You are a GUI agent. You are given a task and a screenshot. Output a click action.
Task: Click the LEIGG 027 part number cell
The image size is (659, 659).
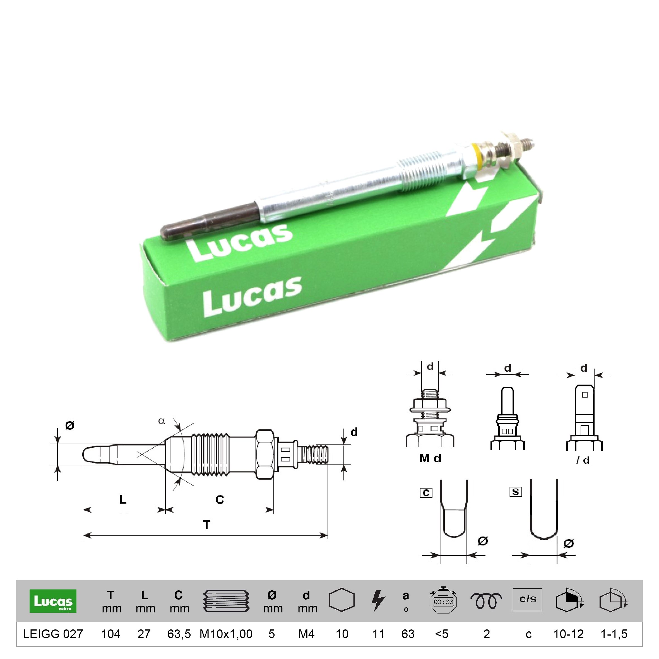[53, 634]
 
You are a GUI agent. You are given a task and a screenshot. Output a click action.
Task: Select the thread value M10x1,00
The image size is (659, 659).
[226, 634]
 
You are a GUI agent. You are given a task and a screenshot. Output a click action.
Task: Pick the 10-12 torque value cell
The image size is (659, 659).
[569, 634]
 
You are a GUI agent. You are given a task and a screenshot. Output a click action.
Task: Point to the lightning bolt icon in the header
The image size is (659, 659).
[378, 601]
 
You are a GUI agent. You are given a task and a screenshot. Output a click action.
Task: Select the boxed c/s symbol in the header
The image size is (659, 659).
[528, 599]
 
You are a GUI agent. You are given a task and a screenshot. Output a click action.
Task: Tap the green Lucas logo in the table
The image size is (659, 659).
[53, 601]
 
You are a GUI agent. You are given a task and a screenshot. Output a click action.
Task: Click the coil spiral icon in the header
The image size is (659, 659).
[486, 601]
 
